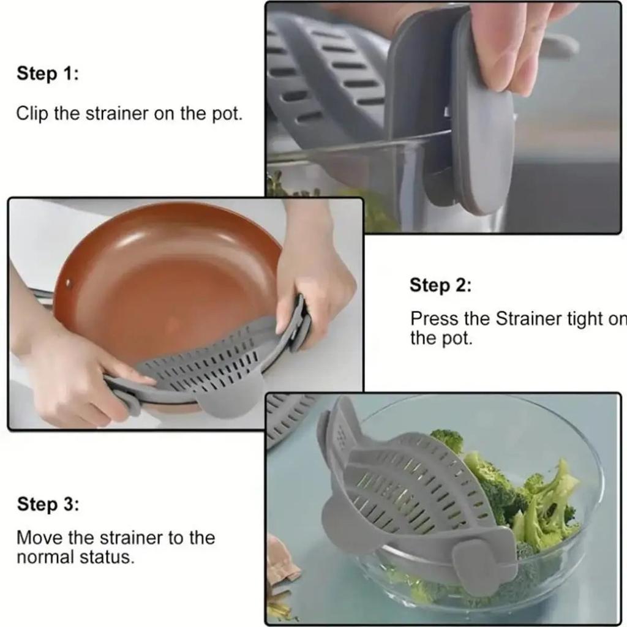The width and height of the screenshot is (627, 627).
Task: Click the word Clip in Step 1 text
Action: pyautogui.click(x=32, y=114)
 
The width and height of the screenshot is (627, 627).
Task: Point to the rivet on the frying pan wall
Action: pyautogui.click(x=67, y=284)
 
